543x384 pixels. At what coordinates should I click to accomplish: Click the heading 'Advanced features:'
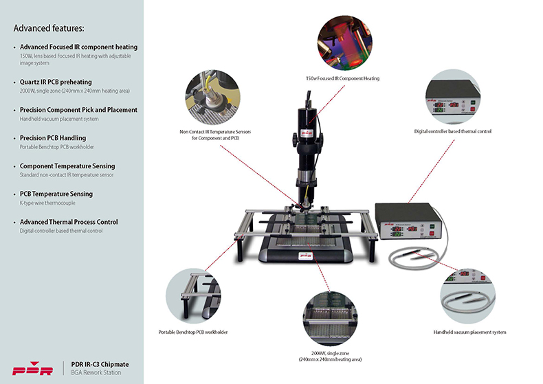(x=49, y=29)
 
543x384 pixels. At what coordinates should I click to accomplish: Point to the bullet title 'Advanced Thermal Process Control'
(x=69, y=222)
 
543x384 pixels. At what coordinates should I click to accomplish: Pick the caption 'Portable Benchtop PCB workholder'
(x=193, y=332)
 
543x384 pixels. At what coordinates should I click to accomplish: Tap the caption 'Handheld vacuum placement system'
(x=470, y=332)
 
